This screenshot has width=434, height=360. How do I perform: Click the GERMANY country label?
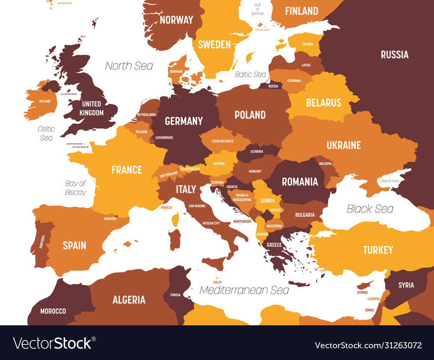[x=184, y=121]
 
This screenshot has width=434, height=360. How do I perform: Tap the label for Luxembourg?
[x=164, y=137]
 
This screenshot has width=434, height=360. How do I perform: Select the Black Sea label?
[x=370, y=209]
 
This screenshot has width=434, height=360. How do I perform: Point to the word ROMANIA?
[x=300, y=182]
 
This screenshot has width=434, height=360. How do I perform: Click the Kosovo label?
[x=276, y=210]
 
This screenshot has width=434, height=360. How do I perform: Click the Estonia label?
[x=307, y=44]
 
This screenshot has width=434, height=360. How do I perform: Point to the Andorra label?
[x=110, y=219]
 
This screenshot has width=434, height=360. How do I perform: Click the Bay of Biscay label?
[x=76, y=188]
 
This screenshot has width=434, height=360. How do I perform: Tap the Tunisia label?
[x=175, y=295]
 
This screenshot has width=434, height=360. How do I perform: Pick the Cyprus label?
[x=362, y=292]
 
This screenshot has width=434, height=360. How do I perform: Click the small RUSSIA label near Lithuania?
[x=273, y=86]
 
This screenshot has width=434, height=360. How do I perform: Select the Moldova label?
[x=325, y=164]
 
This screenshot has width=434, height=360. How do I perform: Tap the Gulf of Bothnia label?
[x=257, y=9]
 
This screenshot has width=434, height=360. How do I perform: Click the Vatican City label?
[x=211, y=223]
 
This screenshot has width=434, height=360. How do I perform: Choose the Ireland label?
[x=45, y=101]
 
